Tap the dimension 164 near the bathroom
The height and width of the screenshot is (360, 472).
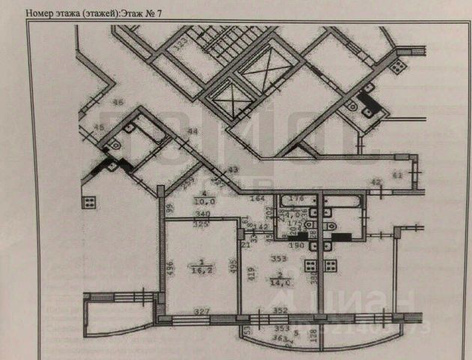258,199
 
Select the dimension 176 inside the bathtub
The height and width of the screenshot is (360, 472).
297,199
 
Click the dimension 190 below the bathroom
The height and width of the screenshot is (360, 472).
297,245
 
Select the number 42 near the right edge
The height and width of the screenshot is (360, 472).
377,182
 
